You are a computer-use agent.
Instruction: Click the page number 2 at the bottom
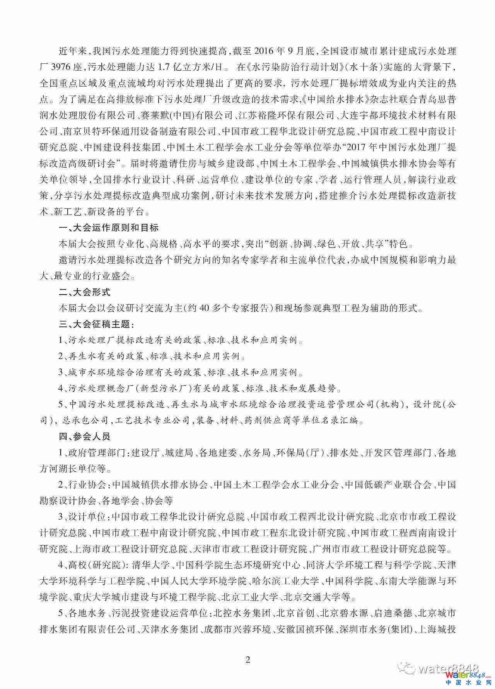[x=248, y=659]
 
